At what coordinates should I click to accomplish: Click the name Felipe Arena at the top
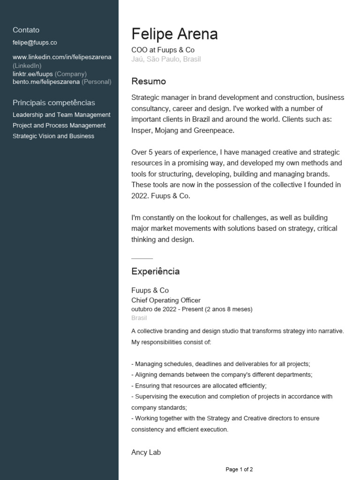click(174, 34)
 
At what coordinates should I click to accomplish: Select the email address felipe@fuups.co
click(35, 42)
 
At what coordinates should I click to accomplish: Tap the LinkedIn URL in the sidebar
click(62, 57)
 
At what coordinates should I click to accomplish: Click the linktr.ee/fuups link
click(33, 74)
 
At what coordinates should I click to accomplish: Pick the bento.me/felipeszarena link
click(46, 82)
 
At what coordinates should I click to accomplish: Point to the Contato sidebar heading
click(26, 30)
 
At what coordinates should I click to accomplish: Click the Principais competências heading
click(53, 103)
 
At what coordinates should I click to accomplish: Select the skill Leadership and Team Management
click(61, 115)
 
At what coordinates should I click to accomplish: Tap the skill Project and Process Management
click(59, 126)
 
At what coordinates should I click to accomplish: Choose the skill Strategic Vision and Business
click(53, 136)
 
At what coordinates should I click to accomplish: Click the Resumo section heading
click(149, 82)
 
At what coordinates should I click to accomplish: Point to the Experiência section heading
click(155, 271)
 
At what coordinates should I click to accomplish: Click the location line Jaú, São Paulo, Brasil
click(166, 59)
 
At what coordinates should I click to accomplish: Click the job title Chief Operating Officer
click(166, 300)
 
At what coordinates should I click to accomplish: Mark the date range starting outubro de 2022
click(192, 309)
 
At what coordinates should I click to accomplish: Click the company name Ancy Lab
click(146, 452)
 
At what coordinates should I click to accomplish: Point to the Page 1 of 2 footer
click(239, 469)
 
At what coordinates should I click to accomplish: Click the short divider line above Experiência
click(142, 258)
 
